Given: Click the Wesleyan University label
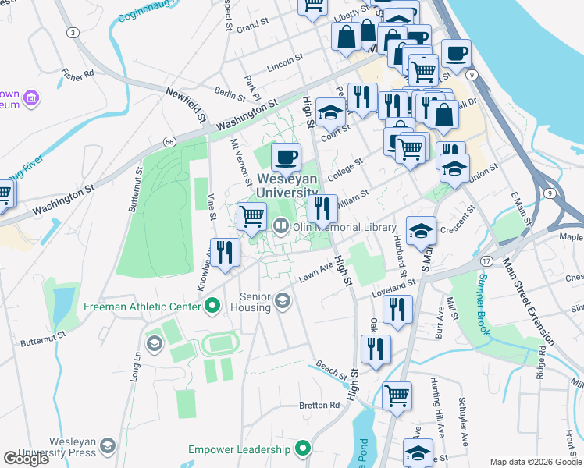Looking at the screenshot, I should (x=287, y=186).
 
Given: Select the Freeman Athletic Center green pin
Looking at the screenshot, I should (x=211, y=307).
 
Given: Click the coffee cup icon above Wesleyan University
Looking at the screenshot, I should (x=287, y=157).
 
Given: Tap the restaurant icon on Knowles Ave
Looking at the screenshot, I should (x=224, y=252).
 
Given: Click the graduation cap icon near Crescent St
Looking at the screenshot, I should (x=421, y=230).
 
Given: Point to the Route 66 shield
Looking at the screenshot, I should (x=169, y=141).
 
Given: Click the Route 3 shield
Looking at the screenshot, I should (x=73, y=32).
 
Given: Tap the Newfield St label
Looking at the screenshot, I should (x=185, y=105).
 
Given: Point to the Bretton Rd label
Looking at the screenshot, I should (x=320, y=406).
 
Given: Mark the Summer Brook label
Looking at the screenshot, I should (x=483, y=305).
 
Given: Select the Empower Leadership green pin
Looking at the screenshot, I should (x=304, y=449).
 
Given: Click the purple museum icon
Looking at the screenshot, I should (x=32, y=97).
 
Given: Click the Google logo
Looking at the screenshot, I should (x=27, y=459).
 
